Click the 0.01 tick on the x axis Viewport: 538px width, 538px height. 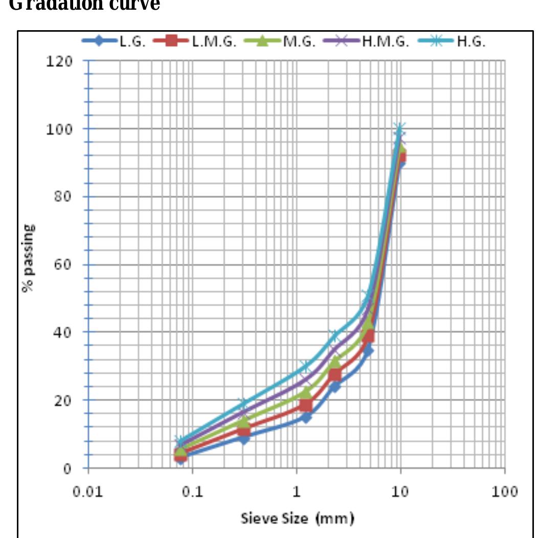tap(88, 492)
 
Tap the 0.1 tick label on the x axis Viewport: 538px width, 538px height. tap(192, 492)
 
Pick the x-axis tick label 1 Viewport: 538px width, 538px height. tap(297, 492)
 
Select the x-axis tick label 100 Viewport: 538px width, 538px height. tap(504, 492)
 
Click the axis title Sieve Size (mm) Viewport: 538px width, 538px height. tap(297, 519)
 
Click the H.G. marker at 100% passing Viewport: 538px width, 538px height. tap(400, 128)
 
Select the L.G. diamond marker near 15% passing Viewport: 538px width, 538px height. tap(306, 417)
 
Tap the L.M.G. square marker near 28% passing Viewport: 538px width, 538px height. tap(335, 374)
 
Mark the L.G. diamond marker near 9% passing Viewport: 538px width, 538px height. tap(244, 438)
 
